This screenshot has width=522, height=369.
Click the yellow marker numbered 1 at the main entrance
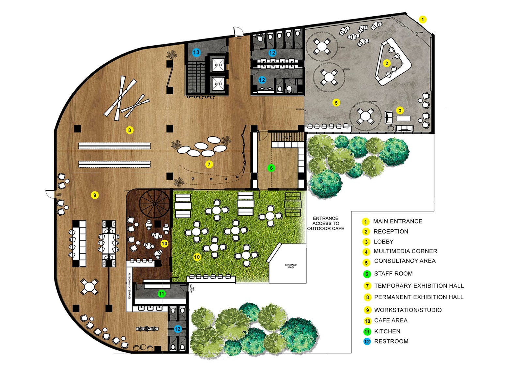(422, 20)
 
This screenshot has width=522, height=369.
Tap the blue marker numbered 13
(196, 52)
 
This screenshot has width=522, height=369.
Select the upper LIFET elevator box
(218, 65)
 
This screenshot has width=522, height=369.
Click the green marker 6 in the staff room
(271, 168)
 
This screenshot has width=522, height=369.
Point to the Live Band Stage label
(291, 266)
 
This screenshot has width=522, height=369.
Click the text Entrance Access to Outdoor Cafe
(326, 223)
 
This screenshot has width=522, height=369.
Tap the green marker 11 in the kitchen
(161, 294)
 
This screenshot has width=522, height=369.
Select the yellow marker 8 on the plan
(130, 130)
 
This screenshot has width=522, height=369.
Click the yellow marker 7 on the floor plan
(209, 164)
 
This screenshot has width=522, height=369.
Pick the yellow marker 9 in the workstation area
(95, 195)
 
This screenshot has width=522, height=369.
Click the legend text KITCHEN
(387, 331)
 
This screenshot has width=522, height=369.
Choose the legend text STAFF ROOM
(393, 274)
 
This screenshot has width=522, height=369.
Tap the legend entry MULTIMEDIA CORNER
(405, 251)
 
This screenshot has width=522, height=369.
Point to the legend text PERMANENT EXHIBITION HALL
(419, 297)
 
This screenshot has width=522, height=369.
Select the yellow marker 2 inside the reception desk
(387, 63)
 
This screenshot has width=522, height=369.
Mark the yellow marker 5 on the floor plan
(336, 103)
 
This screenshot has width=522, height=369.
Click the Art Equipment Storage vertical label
(130, 286)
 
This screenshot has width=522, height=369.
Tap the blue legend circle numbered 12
(367, 342)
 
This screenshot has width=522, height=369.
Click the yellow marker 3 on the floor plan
(400, 111)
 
